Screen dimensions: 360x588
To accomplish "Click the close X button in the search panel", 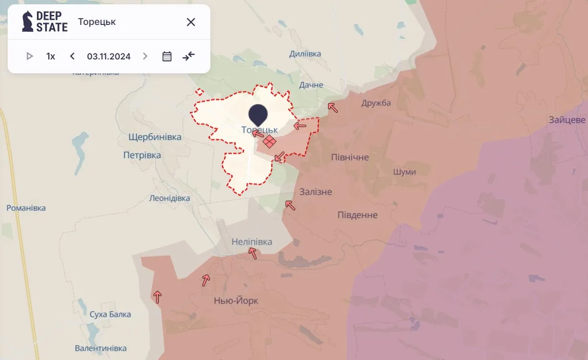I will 191,22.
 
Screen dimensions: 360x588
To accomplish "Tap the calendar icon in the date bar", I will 167,56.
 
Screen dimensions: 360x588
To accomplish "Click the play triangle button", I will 30,56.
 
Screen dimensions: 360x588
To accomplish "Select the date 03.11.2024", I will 109,56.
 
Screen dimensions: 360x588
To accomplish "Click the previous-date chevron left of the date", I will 72,56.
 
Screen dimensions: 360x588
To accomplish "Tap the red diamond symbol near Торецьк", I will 269,141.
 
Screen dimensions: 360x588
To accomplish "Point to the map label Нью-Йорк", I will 236,301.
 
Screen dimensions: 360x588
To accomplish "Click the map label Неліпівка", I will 252,242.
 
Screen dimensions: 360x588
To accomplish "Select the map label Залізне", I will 315,192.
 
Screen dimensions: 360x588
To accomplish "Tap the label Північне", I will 350,157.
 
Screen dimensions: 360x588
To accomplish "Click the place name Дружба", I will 376,103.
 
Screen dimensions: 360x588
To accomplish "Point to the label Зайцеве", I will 567,120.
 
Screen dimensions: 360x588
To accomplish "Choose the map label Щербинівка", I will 155,137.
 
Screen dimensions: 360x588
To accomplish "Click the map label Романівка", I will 26,208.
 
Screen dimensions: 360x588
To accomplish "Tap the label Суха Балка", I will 110,314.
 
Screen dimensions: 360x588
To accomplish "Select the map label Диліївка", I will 305,54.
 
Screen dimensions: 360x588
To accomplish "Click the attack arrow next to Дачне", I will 332,107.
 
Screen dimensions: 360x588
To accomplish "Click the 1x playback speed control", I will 51,56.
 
